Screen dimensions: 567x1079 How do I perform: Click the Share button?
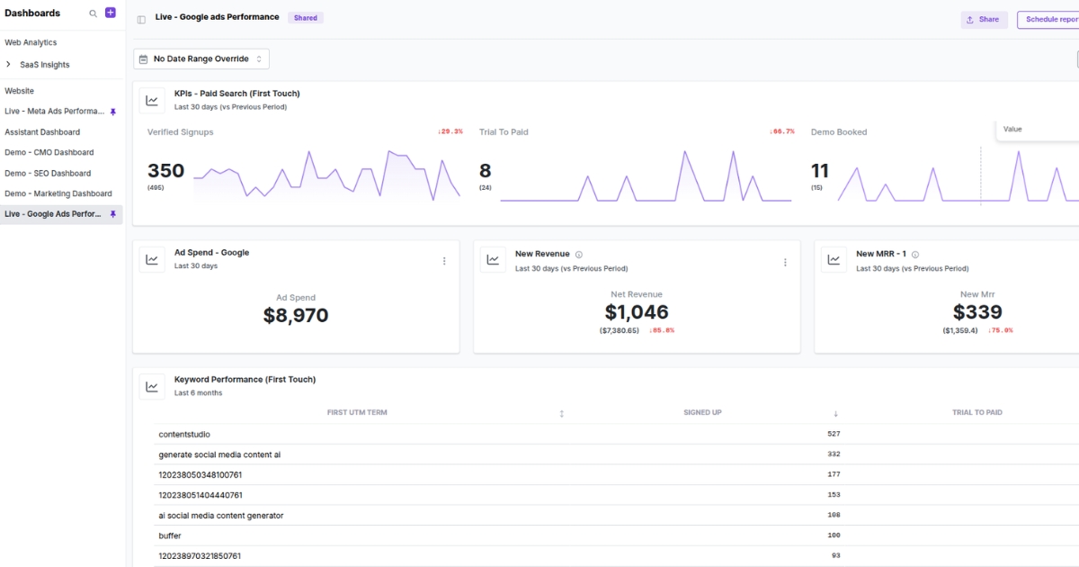click(x=984, y=19)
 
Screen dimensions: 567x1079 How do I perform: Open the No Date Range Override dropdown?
click(x=201, y=58)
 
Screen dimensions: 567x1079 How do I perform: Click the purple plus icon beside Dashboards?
click(x=111, y=13)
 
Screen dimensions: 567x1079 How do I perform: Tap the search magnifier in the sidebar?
click(x=93, y=13)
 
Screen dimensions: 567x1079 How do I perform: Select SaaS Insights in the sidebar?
click(x=44, y=65)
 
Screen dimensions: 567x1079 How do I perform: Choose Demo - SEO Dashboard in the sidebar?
click(x=48, y=173)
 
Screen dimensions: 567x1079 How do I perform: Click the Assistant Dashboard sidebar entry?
click(x=42, y=132)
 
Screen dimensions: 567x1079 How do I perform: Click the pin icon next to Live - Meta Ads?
click(x=113, y=112)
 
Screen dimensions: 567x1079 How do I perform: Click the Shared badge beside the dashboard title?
click(x=306, y=18)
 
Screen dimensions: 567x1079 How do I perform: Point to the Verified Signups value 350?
click(x=165, y=171)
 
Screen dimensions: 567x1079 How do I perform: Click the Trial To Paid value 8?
click(x=485, y=171)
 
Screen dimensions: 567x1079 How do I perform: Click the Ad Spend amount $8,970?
click(x=296, y=316)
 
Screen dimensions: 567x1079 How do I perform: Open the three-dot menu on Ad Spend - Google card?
click(x=444, y=261)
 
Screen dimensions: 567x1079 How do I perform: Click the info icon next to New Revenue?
click(x=579, y=255)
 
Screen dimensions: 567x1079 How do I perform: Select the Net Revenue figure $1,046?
click(x=637, y=312)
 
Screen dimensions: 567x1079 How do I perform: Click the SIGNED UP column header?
click(x=702, y=412)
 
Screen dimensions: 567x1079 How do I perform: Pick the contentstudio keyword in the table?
click(x=184, y=435)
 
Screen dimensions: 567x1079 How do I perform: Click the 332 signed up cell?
click(x=834, y=454)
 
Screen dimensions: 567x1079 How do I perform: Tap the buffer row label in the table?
click(x=170, y=536)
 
